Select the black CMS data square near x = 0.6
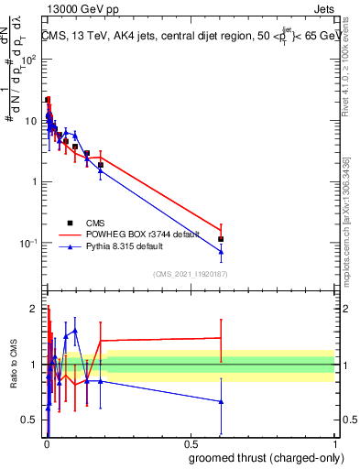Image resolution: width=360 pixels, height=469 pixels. pos(221,239)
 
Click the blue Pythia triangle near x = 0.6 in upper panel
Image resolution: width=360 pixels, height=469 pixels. pos(221,252)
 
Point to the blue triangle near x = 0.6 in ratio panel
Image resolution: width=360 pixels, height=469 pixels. pos(221,401)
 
